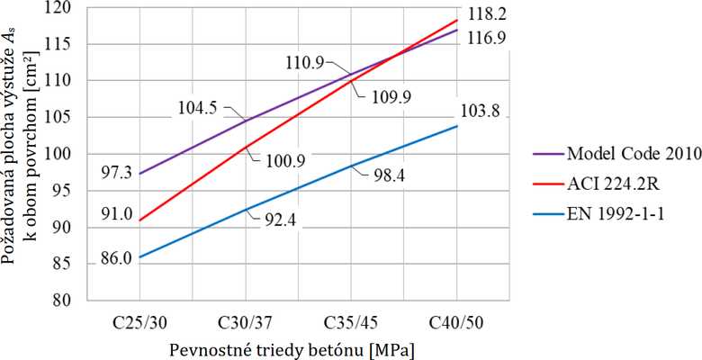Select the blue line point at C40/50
tap(456, 126)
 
